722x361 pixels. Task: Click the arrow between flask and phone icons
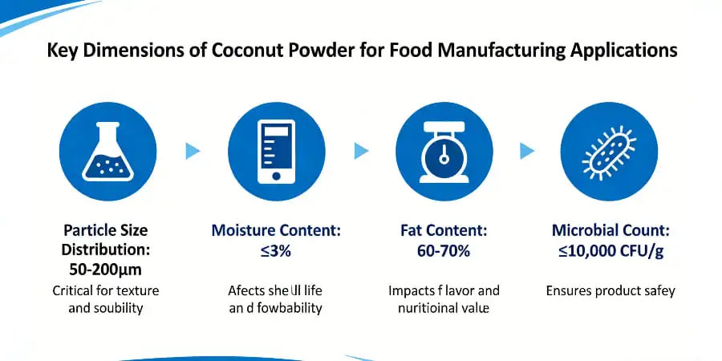[193, 150]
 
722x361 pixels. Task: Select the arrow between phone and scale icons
[361, 150]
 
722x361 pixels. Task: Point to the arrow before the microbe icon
[527, 150]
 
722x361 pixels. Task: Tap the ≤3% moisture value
[276, 249]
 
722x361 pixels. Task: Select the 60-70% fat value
[444, 249]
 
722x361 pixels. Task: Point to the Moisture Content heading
[276, 230]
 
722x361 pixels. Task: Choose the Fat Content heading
[444, 230]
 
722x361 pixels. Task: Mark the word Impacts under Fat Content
[412, 290]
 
